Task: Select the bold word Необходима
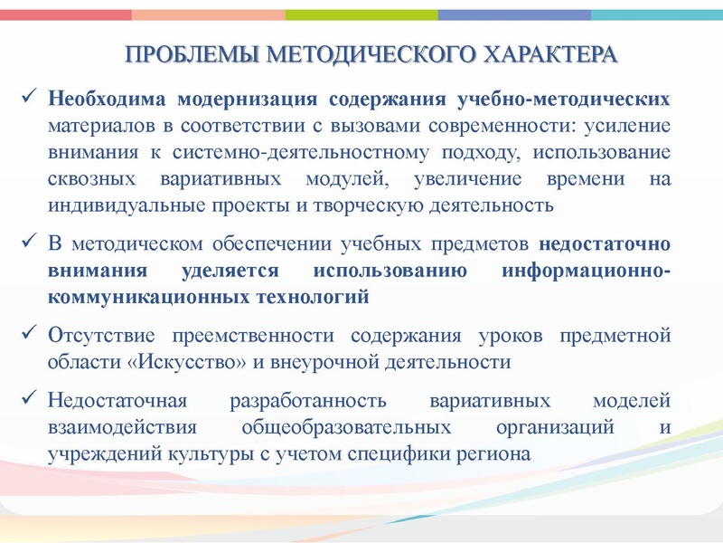(x=107, y=98)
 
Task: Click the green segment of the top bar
(x=361, y=14)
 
